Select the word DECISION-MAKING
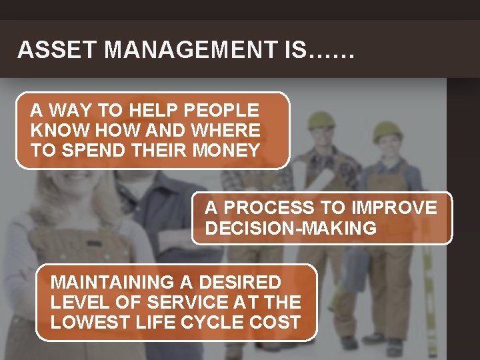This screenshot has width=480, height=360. point(291,228)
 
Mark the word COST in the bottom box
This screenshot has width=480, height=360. point(276,323)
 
